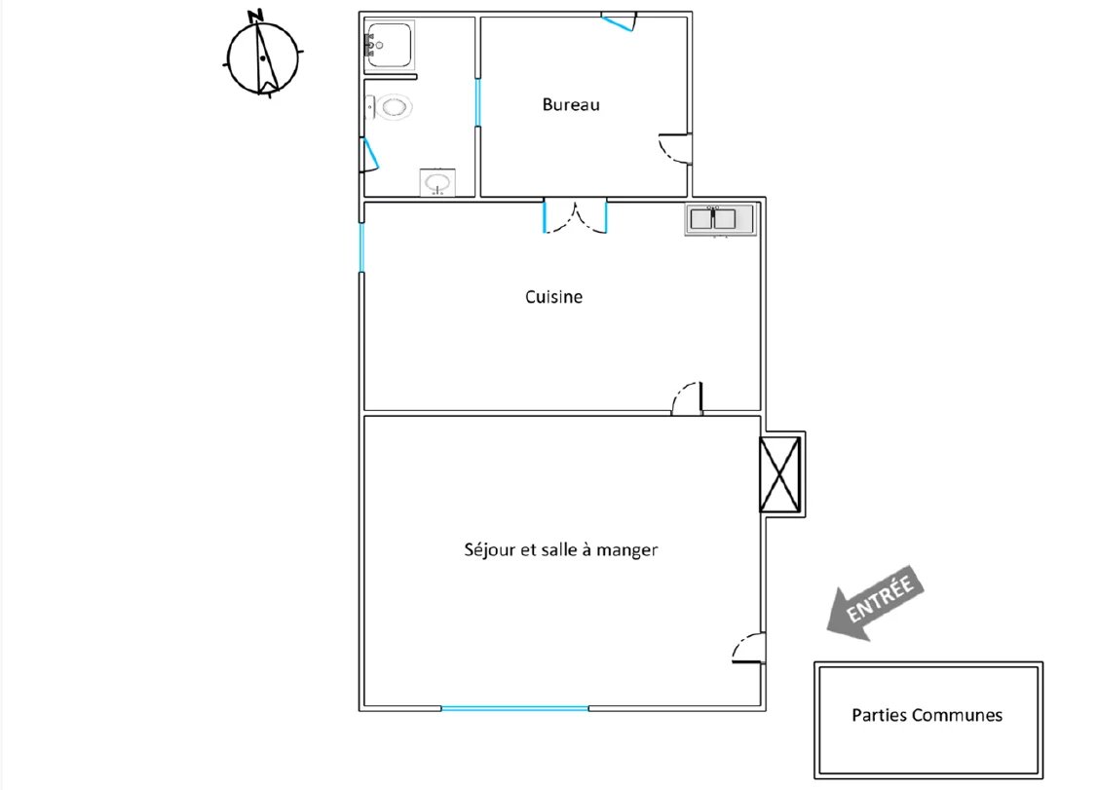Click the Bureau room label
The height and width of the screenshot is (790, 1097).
571,105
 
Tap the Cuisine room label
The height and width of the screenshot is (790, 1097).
553,297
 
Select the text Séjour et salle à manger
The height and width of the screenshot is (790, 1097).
560,550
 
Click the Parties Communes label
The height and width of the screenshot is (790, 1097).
927,715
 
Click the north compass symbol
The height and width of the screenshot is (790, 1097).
262,55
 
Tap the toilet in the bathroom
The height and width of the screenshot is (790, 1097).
389,108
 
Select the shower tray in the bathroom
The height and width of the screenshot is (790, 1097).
389,46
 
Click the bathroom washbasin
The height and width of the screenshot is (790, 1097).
438,182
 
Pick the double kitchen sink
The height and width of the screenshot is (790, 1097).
721,220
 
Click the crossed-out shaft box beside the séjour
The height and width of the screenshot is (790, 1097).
779,474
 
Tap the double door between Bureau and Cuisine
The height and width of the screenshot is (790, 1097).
575,216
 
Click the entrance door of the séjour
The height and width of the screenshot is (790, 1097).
748,648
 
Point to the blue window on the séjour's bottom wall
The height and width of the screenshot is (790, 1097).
515,709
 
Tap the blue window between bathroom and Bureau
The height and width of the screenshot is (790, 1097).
477,102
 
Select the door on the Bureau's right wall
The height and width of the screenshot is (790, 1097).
675,148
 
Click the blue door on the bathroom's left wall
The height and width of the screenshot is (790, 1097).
368,154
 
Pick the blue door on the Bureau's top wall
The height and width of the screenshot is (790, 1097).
619,21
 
